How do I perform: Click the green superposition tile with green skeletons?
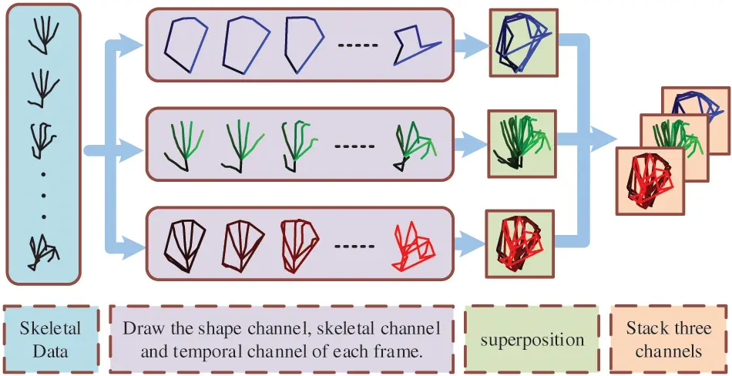(x=520, y=143)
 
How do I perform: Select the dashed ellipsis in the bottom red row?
(x=354, y=247)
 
